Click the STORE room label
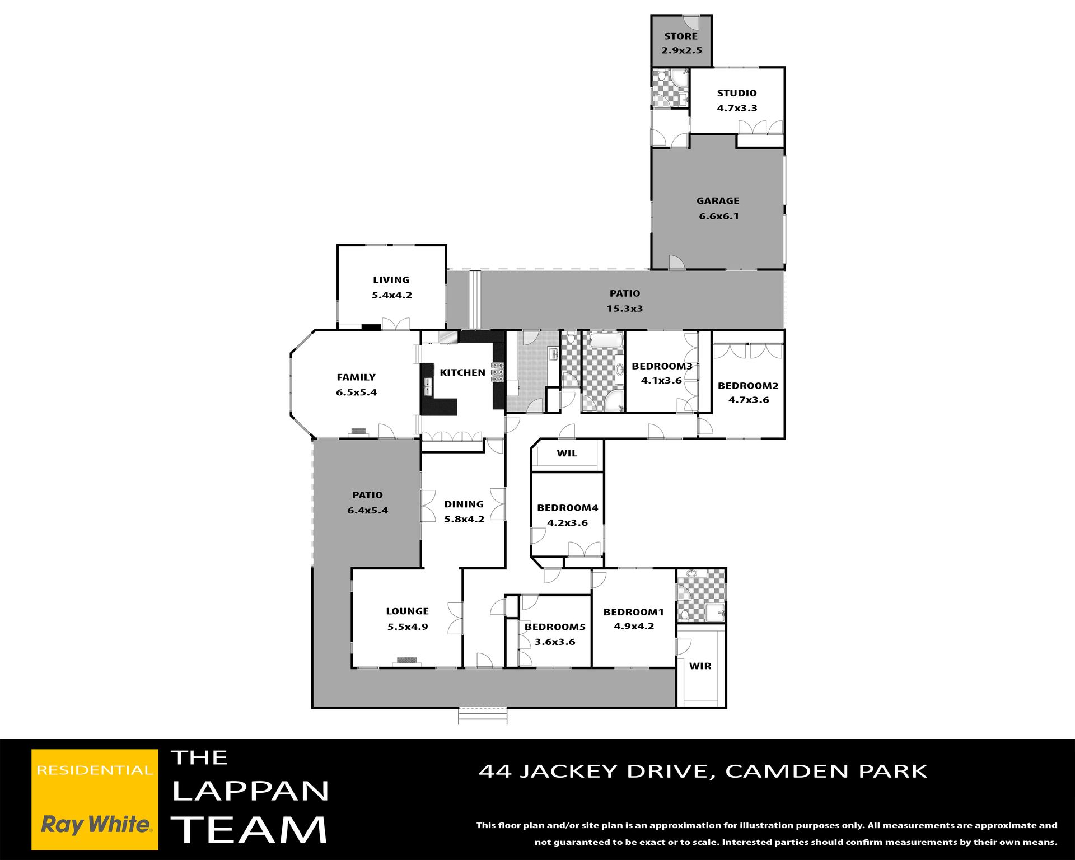tap(681, 36)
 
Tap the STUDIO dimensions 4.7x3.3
tap(737, 108)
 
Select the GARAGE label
tap(718, 200)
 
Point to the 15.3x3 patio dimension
tap(625, 309)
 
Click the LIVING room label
tap(391, 280)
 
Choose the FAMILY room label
tap(356, 377)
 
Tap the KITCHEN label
tap(462, 372)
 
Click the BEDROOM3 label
tap(662, 366)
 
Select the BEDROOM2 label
tap(748, 386)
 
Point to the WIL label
tap(567, 453)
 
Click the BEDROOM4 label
tap(568, 508)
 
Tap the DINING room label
tap(464, 504)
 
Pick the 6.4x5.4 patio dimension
tap(367, 510)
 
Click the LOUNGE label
tap(408, 611)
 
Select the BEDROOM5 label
tap(555, 627)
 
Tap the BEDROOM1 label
tap(633, 612)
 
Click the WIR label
tap(700, 666)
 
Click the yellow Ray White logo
tap(95, 800)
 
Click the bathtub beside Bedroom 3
tap(604, 341)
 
